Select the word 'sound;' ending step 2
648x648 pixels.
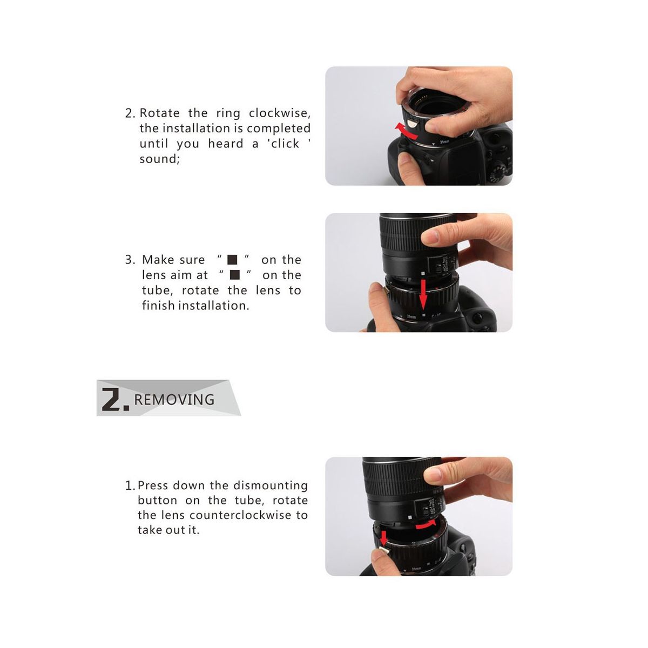[x=159, y=159]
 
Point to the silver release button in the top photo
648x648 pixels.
[x=413, y=123]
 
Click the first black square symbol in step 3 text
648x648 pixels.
[x=232, y=260]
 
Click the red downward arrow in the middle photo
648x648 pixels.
[x=423, y=294]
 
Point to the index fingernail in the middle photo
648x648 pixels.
[x=431, y=236]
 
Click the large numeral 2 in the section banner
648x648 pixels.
[x=112, y=400]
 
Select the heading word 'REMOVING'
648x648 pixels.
[x=174, y=400]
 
